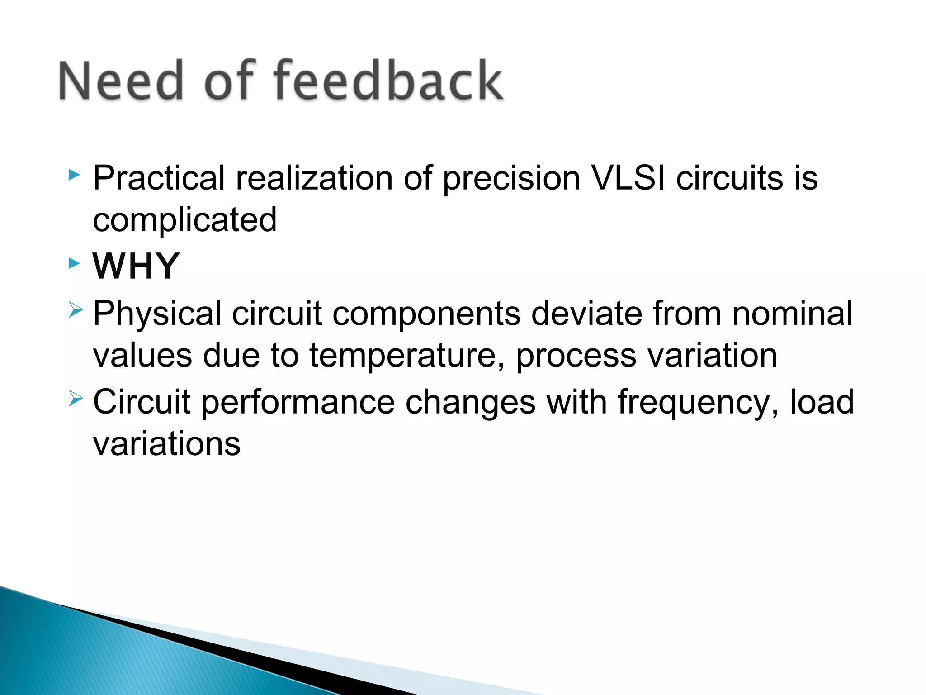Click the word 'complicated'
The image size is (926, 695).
click(184, 220)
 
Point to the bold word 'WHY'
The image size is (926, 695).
click(136, 266)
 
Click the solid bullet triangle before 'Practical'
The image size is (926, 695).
click(74, 175)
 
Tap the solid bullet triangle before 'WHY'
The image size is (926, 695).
click(74, 263)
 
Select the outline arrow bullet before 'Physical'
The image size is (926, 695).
click(76, 310)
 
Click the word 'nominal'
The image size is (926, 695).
click(792, 313)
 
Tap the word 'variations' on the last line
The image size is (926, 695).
click(166, 443)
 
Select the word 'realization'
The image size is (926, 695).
click(314, 177)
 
